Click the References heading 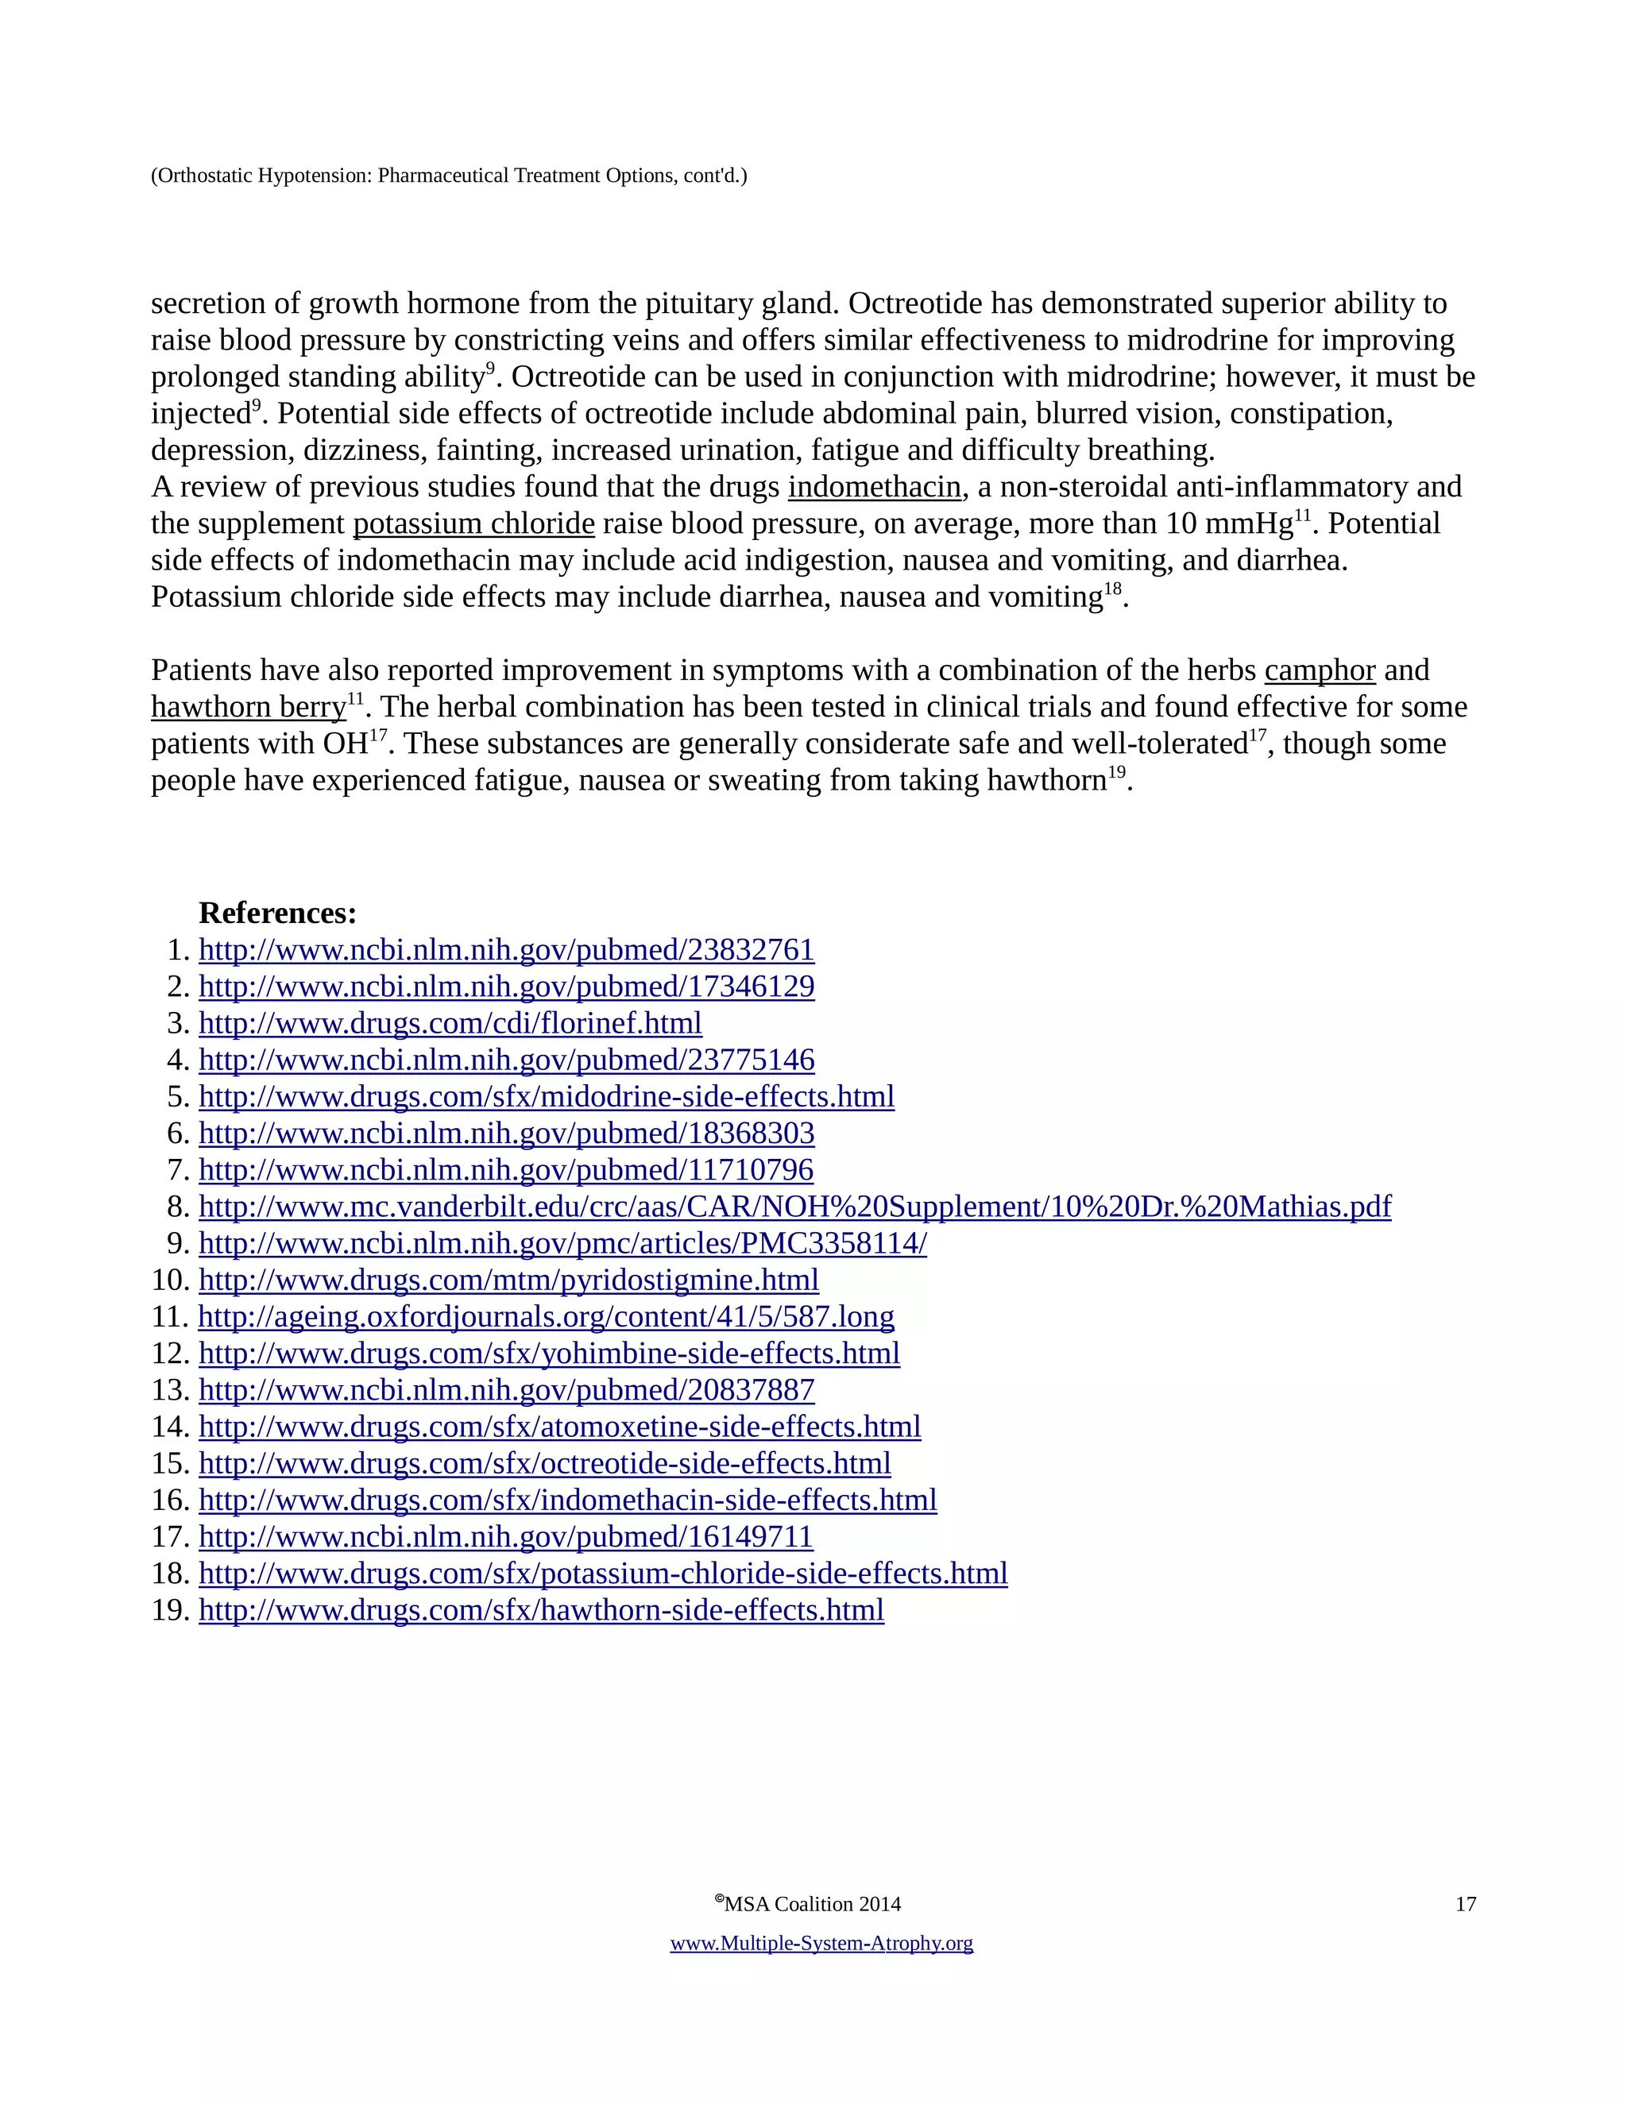[277, 913]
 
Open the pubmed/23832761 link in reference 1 [506, 949]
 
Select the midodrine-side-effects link [547, 1096]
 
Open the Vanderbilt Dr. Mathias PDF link [794, 1206]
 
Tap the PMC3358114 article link [562, 1242]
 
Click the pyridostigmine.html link [508, 1279]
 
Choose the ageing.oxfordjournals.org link [546, 1315]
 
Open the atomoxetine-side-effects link [559, 1426]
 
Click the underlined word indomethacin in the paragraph [874, 487]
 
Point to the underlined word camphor [1319, 670]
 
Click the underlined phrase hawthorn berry [248, 706]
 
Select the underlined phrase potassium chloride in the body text [473, 523]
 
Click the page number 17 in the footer [1465, 1903]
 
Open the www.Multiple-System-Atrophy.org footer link [821, 1942]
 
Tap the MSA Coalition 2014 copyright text [809, 1903]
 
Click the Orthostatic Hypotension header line [448, 176]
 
